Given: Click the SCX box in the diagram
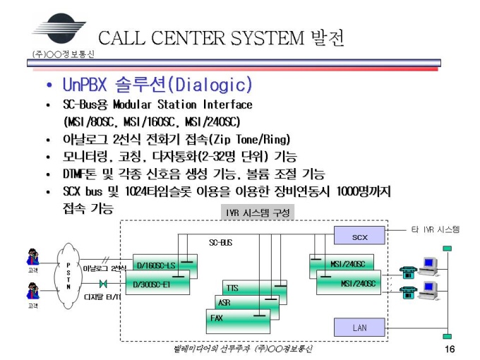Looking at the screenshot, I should pyautogui.click(x=359, y=235).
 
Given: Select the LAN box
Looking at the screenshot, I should pyautogui.click(x=359, y=328).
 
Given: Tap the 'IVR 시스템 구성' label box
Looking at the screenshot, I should pyautogui.click(x=253, y=212).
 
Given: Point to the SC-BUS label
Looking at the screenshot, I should pyautogui.click(x=220, y=243).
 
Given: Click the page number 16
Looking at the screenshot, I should pyautogui.click(x=449, y=349).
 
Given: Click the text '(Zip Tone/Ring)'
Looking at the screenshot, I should pyautogui.click(x=243, y=139).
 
